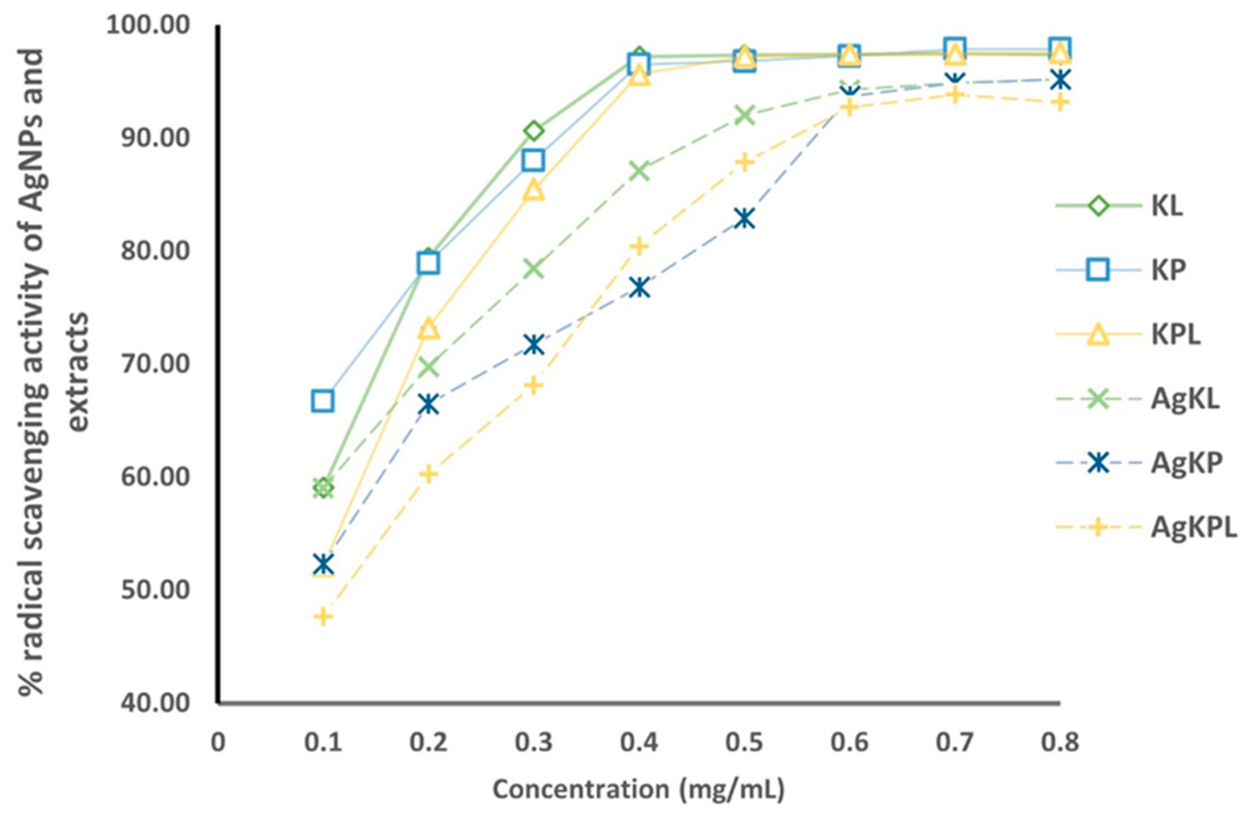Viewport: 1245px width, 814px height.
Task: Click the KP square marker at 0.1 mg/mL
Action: (x=323, y=401)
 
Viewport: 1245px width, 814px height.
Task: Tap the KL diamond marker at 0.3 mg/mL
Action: (x=533, y=131)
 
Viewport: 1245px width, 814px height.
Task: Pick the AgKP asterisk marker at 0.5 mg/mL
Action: (x=744, y=218)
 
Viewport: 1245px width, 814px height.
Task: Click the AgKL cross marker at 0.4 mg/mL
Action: (x=639, y=171)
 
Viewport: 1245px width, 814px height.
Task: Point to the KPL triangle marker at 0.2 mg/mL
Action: (x=428, y=329)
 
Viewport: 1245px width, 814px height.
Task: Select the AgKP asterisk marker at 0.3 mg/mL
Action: (x=533, y=344)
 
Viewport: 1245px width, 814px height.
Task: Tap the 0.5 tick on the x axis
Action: (x=744, y=742)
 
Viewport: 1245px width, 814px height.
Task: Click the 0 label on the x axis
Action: (x=218, y=742)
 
